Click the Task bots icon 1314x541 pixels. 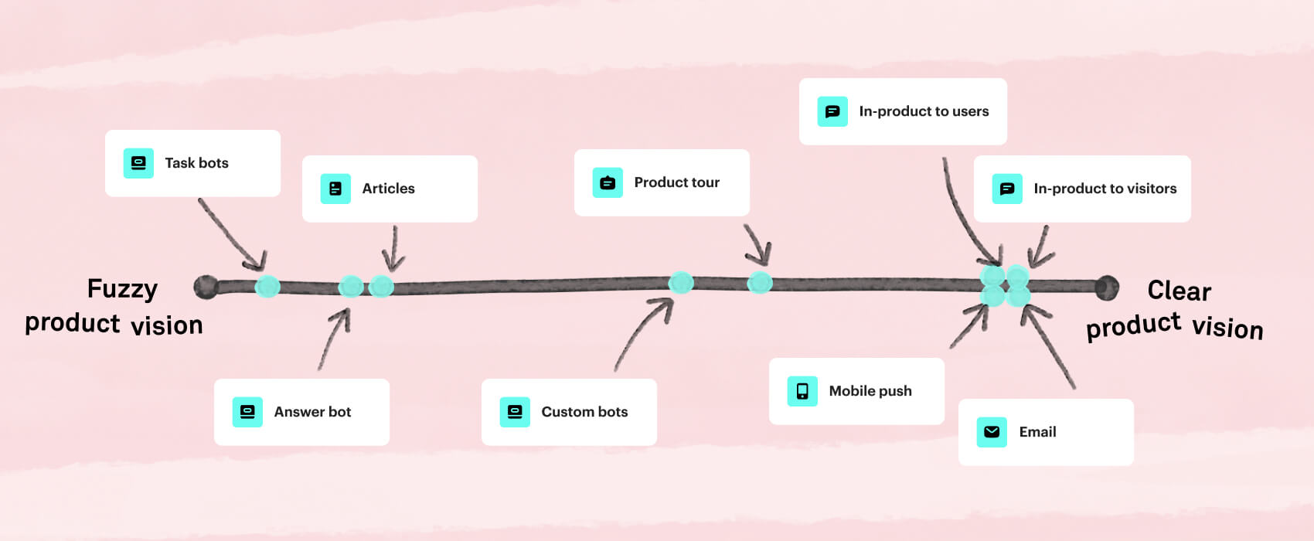[138, 163]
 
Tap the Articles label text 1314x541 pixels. [388, 189]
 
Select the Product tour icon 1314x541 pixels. [608, 183]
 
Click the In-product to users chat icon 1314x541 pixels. [832, 112]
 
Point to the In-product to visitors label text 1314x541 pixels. [1105, 189]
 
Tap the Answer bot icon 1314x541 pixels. [247, 412]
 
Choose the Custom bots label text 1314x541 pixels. [584, 412]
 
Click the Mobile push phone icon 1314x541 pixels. [802, 391]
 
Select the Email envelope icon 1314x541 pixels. [992, 432]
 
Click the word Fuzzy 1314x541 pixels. [122, 289]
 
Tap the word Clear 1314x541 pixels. [1179, 291]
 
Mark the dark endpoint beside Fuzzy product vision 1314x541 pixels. [206, 287]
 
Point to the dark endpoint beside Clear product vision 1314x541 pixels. [1107, 288]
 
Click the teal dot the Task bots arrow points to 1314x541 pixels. [267, 287]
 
